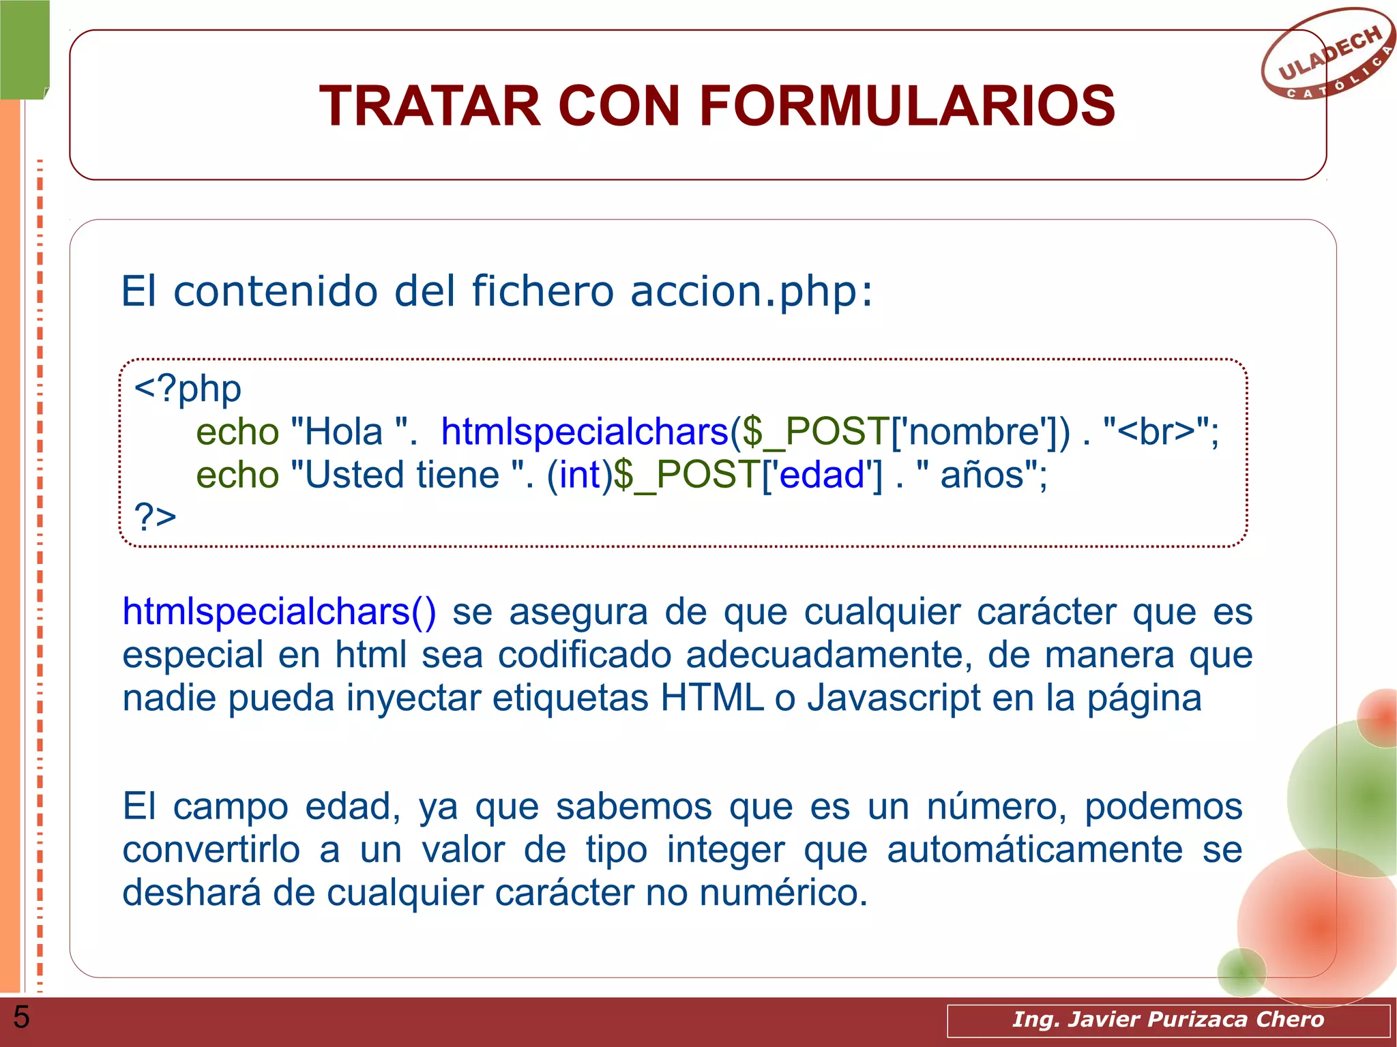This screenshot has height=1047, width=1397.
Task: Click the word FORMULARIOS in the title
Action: click(x=907, y=106)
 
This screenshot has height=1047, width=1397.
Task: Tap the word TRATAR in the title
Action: click(x=430, y=106)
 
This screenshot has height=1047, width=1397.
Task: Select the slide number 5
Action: click(x=21, y=1017)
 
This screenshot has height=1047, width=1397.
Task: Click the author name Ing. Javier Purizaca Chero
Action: click(x=1168, y=1019)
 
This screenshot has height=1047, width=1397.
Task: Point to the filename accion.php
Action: click(x=751, y=291)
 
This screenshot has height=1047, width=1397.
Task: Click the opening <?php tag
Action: click(x=188, y=389)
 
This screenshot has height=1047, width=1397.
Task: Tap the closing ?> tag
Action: click(x=156, y=516)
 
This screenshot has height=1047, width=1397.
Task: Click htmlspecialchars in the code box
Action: click(x=585, y=432)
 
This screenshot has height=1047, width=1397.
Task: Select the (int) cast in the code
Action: click(x=579, y=475)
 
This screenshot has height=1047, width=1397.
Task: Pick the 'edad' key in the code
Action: click(x=821, y=475)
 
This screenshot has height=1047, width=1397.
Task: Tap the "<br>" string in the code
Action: click(x=1157, y=432)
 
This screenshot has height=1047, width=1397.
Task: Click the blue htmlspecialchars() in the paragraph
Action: click(x=279, y=612)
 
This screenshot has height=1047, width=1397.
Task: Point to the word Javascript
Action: click(x=894, y=698)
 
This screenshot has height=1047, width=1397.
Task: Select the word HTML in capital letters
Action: click(x=711, y=698)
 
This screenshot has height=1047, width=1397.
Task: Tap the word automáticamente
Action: click(x=1034, y=851)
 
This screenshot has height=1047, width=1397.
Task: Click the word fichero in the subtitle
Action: click(x=543, y=291)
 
